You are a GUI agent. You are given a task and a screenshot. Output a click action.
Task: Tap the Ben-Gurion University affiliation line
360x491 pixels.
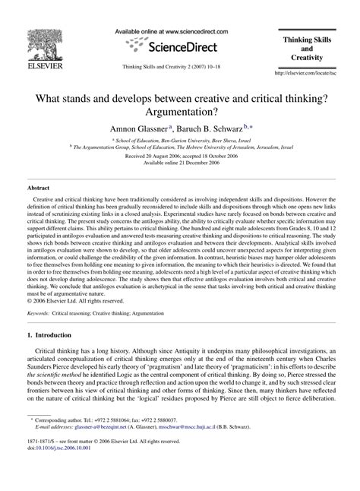(180, 141)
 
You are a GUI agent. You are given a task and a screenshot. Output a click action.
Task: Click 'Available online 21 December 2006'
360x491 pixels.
(180, 166)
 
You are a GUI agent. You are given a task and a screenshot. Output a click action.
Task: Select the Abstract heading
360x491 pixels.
(38, 186)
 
